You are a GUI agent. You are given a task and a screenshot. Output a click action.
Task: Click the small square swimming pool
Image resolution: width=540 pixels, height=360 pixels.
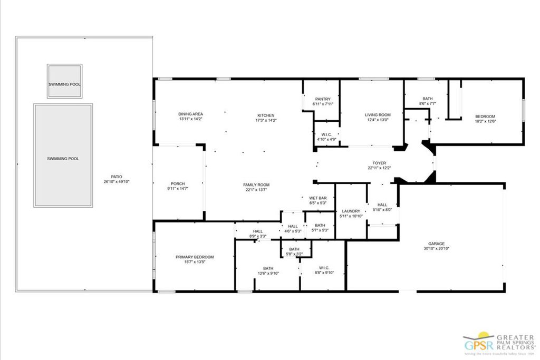(64, 81)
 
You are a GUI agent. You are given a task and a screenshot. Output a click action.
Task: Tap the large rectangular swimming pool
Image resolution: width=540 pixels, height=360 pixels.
(63, 155)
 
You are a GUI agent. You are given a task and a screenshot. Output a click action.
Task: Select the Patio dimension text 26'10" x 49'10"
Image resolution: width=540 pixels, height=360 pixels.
(117, 181)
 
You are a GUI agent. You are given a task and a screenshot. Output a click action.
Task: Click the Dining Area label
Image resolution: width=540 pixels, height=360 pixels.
(190, 114)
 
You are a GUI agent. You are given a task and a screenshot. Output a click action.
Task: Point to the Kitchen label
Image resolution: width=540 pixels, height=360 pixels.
(266, 115)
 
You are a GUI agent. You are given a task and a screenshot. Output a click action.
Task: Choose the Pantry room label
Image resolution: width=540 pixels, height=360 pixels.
(322, 99)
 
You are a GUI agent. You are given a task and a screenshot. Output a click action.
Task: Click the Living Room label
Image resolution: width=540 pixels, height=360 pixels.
(378, 115)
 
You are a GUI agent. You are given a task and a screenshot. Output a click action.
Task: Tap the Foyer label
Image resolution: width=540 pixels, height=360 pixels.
(379, 163)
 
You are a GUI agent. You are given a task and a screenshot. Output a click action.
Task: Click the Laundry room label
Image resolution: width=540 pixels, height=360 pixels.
(351, 211)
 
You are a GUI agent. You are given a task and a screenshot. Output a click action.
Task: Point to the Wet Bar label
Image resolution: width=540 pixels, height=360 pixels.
(318, 198)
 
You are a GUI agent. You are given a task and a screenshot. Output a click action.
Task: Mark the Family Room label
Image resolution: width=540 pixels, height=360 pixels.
(256, 184)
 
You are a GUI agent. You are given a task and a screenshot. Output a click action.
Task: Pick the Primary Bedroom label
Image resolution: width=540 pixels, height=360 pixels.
(195, 257)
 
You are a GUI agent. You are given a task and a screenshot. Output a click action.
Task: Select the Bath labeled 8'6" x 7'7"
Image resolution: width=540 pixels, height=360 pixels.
(428, 99)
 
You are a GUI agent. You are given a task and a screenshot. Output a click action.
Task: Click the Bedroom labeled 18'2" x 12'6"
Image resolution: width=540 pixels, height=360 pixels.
(485, 116)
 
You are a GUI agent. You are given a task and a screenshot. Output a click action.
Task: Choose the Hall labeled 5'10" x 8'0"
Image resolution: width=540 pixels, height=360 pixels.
(382, 205)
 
